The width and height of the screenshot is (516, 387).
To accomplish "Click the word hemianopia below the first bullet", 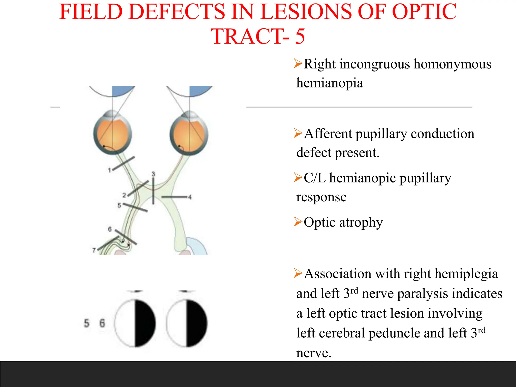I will (x=330, y=83).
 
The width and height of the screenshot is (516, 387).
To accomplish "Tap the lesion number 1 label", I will (x=109, y=171).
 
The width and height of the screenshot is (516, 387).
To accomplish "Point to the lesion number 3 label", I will (x=153, y=174).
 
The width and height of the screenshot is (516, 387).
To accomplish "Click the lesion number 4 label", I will (x=190, y=197).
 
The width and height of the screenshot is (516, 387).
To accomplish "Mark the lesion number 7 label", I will (x=94, y=250).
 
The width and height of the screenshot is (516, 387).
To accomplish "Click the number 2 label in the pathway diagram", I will (x=124, y=195).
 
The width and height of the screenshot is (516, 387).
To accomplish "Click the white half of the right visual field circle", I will (x=176, y=323).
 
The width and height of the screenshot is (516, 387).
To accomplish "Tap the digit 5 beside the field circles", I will (x=86, y=323).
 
